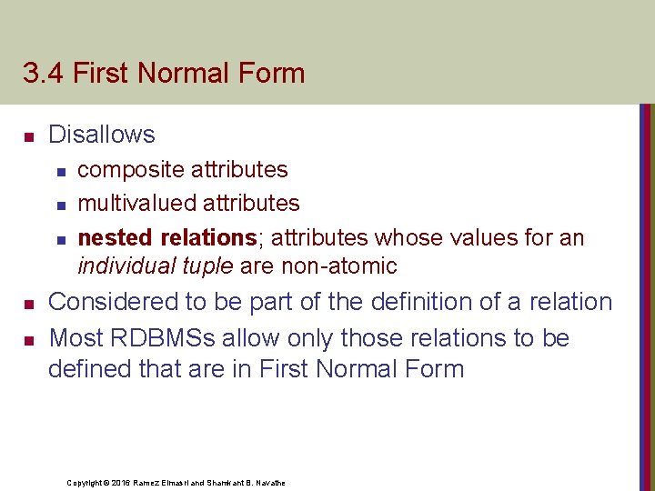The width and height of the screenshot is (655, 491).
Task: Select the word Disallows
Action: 101,135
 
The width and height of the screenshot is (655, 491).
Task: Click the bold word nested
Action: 116,237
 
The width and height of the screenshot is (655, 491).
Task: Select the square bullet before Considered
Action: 28,304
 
